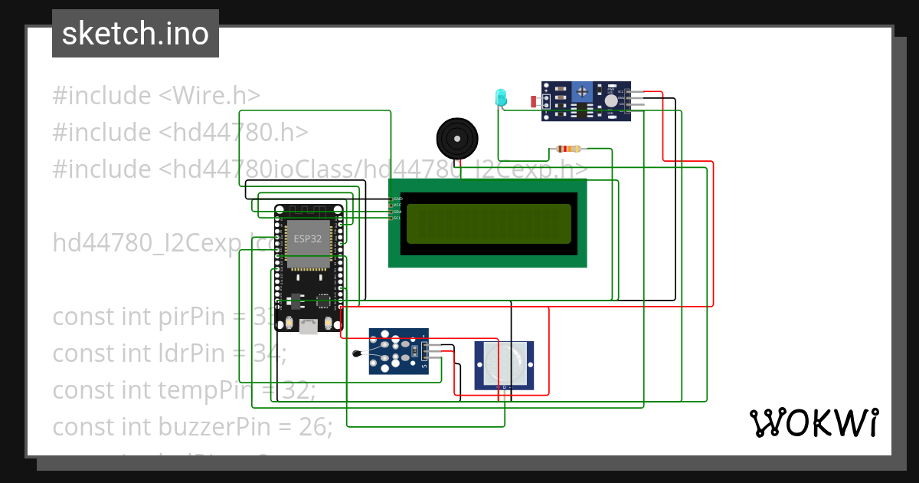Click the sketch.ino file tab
tap(135, 34)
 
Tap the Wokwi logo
tap(813, 422)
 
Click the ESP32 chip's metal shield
tap(308, 239)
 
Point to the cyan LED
tap(501, 97)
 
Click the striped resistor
tap(567, 149)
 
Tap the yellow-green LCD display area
tap(489, 224)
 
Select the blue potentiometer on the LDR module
tap(583, 91)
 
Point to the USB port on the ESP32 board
tap(308, 327)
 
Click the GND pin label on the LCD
tap(397, 199)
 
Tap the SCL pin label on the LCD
tap(397, 219)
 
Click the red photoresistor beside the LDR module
tap(534, 101)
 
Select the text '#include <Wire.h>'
tap(156, 96)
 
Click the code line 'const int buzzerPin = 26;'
tap(192, 426)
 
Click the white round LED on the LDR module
tap(610, 100)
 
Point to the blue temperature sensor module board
tap(398, 351)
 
